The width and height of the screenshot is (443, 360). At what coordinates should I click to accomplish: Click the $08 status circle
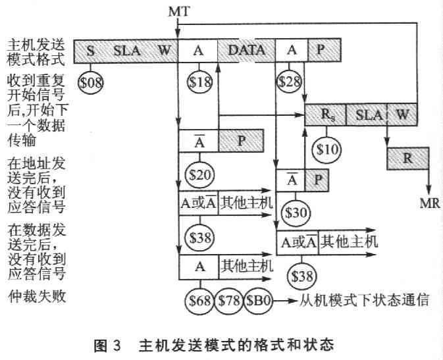tap(90, 82)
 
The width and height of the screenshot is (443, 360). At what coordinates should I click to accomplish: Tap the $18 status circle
tap(199, 82)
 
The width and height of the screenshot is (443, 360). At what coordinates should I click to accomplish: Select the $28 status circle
tap(290, 82)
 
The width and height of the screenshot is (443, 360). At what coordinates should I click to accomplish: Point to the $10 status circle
tap(326, 149)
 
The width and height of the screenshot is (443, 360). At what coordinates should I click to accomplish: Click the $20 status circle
tap(199, 174)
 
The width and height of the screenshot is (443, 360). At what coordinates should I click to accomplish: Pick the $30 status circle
tap(296, 213)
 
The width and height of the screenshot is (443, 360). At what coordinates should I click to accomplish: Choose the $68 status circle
tap(199, 300)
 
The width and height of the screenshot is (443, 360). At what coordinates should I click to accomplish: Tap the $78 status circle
tap(229, 300)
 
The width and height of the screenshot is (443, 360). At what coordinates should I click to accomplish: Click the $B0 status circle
tap(258, 300)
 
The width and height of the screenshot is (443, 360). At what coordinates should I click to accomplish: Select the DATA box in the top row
tap(246, 50)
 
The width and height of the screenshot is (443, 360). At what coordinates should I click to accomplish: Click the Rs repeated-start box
tap(325, 115)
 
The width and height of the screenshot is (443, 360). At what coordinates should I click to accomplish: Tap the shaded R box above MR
tap(407, 158)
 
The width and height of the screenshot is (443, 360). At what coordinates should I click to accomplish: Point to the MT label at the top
tap(179, 12)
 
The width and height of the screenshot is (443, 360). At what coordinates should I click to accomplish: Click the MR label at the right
tap(430, 203)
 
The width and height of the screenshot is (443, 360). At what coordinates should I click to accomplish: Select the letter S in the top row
tap(90, 51)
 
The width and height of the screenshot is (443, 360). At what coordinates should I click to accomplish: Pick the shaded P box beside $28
tap(325, 50)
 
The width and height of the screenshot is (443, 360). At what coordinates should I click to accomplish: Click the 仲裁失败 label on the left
tap(37, 296)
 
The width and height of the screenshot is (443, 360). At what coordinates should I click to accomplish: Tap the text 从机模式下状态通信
tap(364, 300)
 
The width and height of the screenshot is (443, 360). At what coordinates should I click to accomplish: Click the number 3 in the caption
tap(117, 346)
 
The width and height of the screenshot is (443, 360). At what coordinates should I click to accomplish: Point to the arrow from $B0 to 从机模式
tap(285, 300)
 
